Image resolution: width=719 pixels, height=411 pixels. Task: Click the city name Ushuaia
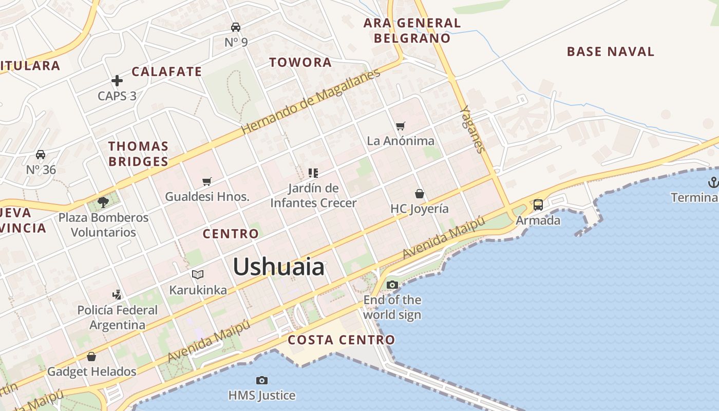point(279,267)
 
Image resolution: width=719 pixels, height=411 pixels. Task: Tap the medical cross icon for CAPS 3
point(117,81)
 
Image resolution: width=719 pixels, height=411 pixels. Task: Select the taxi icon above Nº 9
point(236,27)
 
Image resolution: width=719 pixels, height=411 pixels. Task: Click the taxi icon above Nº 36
point(41,155)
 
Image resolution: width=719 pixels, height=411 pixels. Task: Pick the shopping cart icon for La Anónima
point(401,126)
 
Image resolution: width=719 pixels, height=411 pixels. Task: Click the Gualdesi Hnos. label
point(207,196)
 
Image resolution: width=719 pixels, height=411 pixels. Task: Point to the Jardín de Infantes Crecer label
point(313,196)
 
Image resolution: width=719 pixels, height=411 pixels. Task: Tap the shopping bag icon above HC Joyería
point(420,194)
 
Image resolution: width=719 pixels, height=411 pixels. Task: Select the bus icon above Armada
point(538,205)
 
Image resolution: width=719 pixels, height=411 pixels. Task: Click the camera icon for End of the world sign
point(392,285)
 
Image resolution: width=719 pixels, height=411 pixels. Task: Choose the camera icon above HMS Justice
point(262,380)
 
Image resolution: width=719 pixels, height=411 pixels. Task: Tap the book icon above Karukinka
point(198,274)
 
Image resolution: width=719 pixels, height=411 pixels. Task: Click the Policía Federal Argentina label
point(118,317)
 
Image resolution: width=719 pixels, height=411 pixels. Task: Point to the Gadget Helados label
point(91,371)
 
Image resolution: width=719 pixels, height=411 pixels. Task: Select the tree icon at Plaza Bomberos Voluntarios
point(103,202)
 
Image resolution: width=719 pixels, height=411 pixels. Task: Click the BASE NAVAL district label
point(610,51)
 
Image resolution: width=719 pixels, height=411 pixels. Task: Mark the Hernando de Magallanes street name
point(311,102)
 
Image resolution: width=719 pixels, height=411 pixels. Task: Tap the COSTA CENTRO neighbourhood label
point(341,340)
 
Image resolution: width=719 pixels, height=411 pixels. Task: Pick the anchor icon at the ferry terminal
point(713,182)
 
